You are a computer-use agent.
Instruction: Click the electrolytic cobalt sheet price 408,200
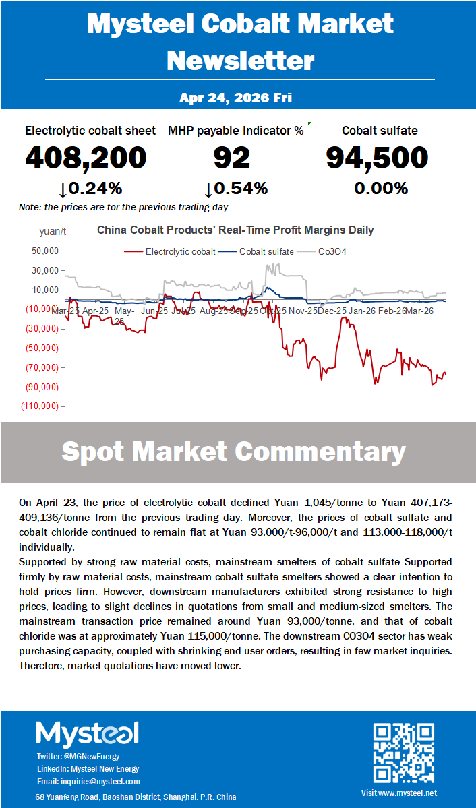86,158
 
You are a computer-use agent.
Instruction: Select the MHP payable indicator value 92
231,158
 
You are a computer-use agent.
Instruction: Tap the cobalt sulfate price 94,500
377,158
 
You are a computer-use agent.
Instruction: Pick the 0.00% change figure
381,189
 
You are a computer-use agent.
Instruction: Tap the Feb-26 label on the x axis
392,311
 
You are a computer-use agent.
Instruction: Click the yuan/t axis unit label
52,231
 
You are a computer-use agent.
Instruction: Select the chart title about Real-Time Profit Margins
235,230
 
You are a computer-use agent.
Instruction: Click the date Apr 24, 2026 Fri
235,98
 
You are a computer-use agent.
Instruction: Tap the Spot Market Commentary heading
233,452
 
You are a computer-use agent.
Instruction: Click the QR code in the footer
403,753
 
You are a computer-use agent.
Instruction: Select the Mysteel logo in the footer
87,734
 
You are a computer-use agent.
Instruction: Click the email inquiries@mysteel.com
88,781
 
